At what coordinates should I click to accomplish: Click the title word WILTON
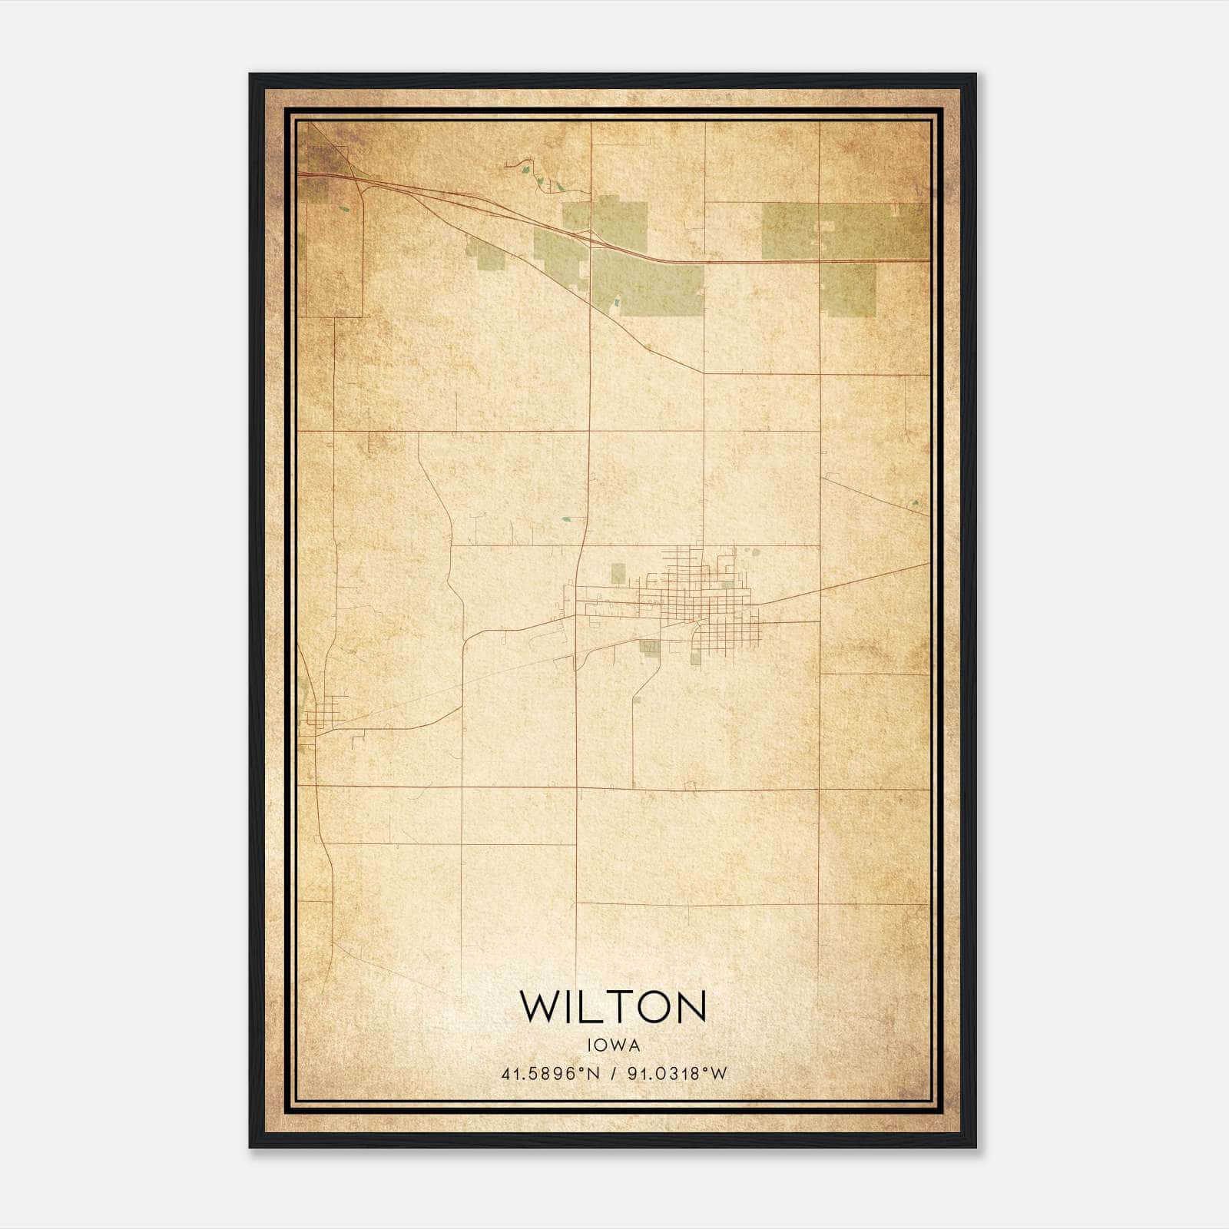(x=613, y=1006)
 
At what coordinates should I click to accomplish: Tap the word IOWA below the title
(x=613, y=1045)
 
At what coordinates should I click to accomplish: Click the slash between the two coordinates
(x=613, y=1074)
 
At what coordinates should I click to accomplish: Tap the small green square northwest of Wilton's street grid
(x=618, y=573)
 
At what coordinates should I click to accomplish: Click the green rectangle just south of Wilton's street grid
(x=650, y=648)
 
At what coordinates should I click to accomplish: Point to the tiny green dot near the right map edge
(x=916, y=503)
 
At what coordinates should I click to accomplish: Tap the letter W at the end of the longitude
(x=719, y=1074)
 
